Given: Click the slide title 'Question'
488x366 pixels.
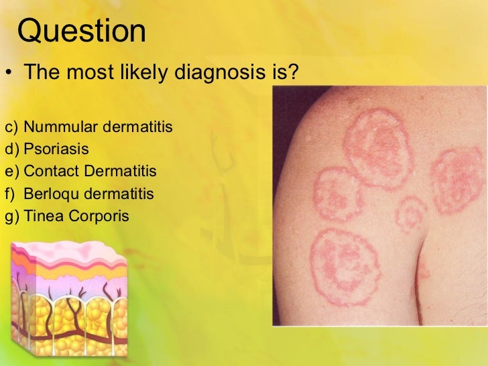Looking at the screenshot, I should pos(80,31).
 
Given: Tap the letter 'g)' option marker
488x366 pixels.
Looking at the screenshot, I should pos(12,217).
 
